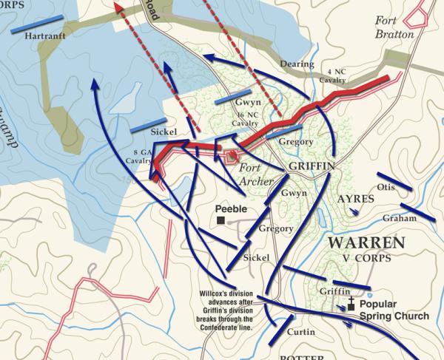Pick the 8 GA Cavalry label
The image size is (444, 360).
(138, 155)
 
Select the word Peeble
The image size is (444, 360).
(232, 209)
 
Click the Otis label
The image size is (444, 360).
(386, 187)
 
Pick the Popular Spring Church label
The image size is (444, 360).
(394, 310)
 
